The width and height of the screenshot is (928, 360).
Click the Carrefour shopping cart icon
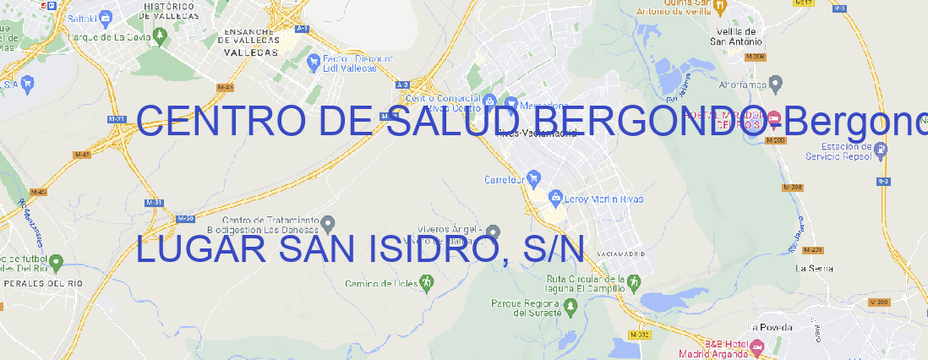pyautogui.click(x=535, y=179)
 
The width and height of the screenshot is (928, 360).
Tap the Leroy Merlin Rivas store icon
pyautogui.click(x=555, y=199)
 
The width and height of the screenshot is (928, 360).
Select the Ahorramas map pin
pyautogui.click(x=776, y=83)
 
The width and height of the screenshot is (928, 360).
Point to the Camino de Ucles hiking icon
pyautogui.click(x=427, y=282)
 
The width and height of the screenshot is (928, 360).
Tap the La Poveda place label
pyautogui.click(x=770, y=327)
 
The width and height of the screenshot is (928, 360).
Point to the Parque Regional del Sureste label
pyautogui.click(x=526, y=308)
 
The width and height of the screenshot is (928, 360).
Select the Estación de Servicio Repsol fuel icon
pyautogui.click(x=882, y=150)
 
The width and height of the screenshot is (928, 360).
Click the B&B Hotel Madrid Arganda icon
pyautogui.click(x=757, y=346)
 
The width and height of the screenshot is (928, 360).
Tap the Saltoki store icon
pyautogui.click(x=105, y=16)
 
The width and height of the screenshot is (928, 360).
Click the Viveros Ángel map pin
pyautogui.click(x=494, y=232)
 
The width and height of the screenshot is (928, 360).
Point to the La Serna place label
pyautogui.click(x=815, y=268)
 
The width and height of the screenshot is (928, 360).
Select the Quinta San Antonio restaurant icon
pyautogui.click(x=719, y=6)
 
